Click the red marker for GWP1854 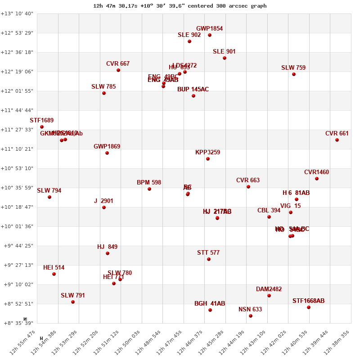tap(210, 35)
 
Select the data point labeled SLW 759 tap(294, 74)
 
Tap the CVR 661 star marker tap(337, 140)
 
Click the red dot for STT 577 tap(209, 259)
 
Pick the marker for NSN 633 tap(251, 316)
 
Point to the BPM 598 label tap(149, 183)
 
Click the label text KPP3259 tap(207, 153)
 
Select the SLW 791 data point tap(73, 302)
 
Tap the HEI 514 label tap(54, 268)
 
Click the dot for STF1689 tap(42, 127)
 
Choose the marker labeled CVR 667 tap(118, 70)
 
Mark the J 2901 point tap(104, 207)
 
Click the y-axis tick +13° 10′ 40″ tap(17, 13)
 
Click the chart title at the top tap(180, 6)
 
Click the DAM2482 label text tap(269, 289)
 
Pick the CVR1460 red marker tap(317, 179)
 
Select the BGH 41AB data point tap(210, 310)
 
